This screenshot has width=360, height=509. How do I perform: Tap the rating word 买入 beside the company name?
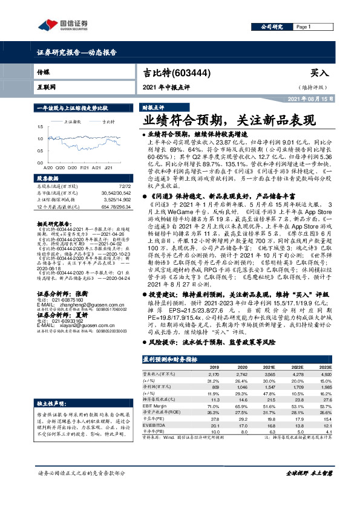coord(320,73)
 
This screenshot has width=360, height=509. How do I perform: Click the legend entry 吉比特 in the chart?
coord(108,122)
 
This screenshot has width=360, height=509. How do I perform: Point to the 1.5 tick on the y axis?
coord(41,126)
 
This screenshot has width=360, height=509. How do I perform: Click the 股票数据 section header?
coord(48,179)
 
